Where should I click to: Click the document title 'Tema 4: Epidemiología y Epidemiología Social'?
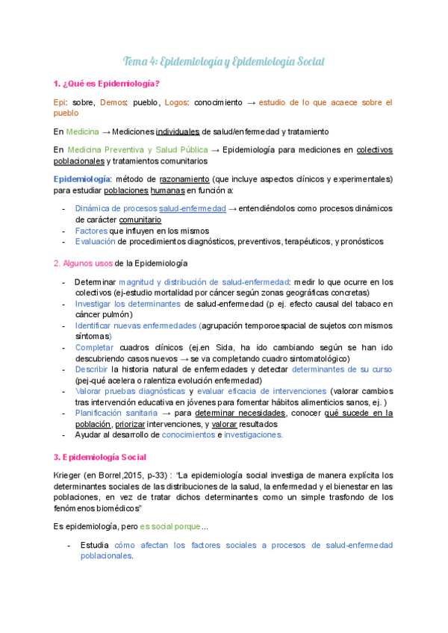(x=224, y=60)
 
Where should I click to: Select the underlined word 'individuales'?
(x=178, y=131)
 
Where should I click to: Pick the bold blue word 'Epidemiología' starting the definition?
(x=81, y=179)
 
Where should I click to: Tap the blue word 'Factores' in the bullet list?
(x=92, y=231)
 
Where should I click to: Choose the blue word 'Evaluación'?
(x=96, y=241)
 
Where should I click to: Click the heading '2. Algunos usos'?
(x=84, y=264)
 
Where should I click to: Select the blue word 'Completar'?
(x=94, y=347)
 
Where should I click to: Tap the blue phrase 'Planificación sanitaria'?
(x=116, y=413)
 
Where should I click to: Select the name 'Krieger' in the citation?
(x=69, y=475)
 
